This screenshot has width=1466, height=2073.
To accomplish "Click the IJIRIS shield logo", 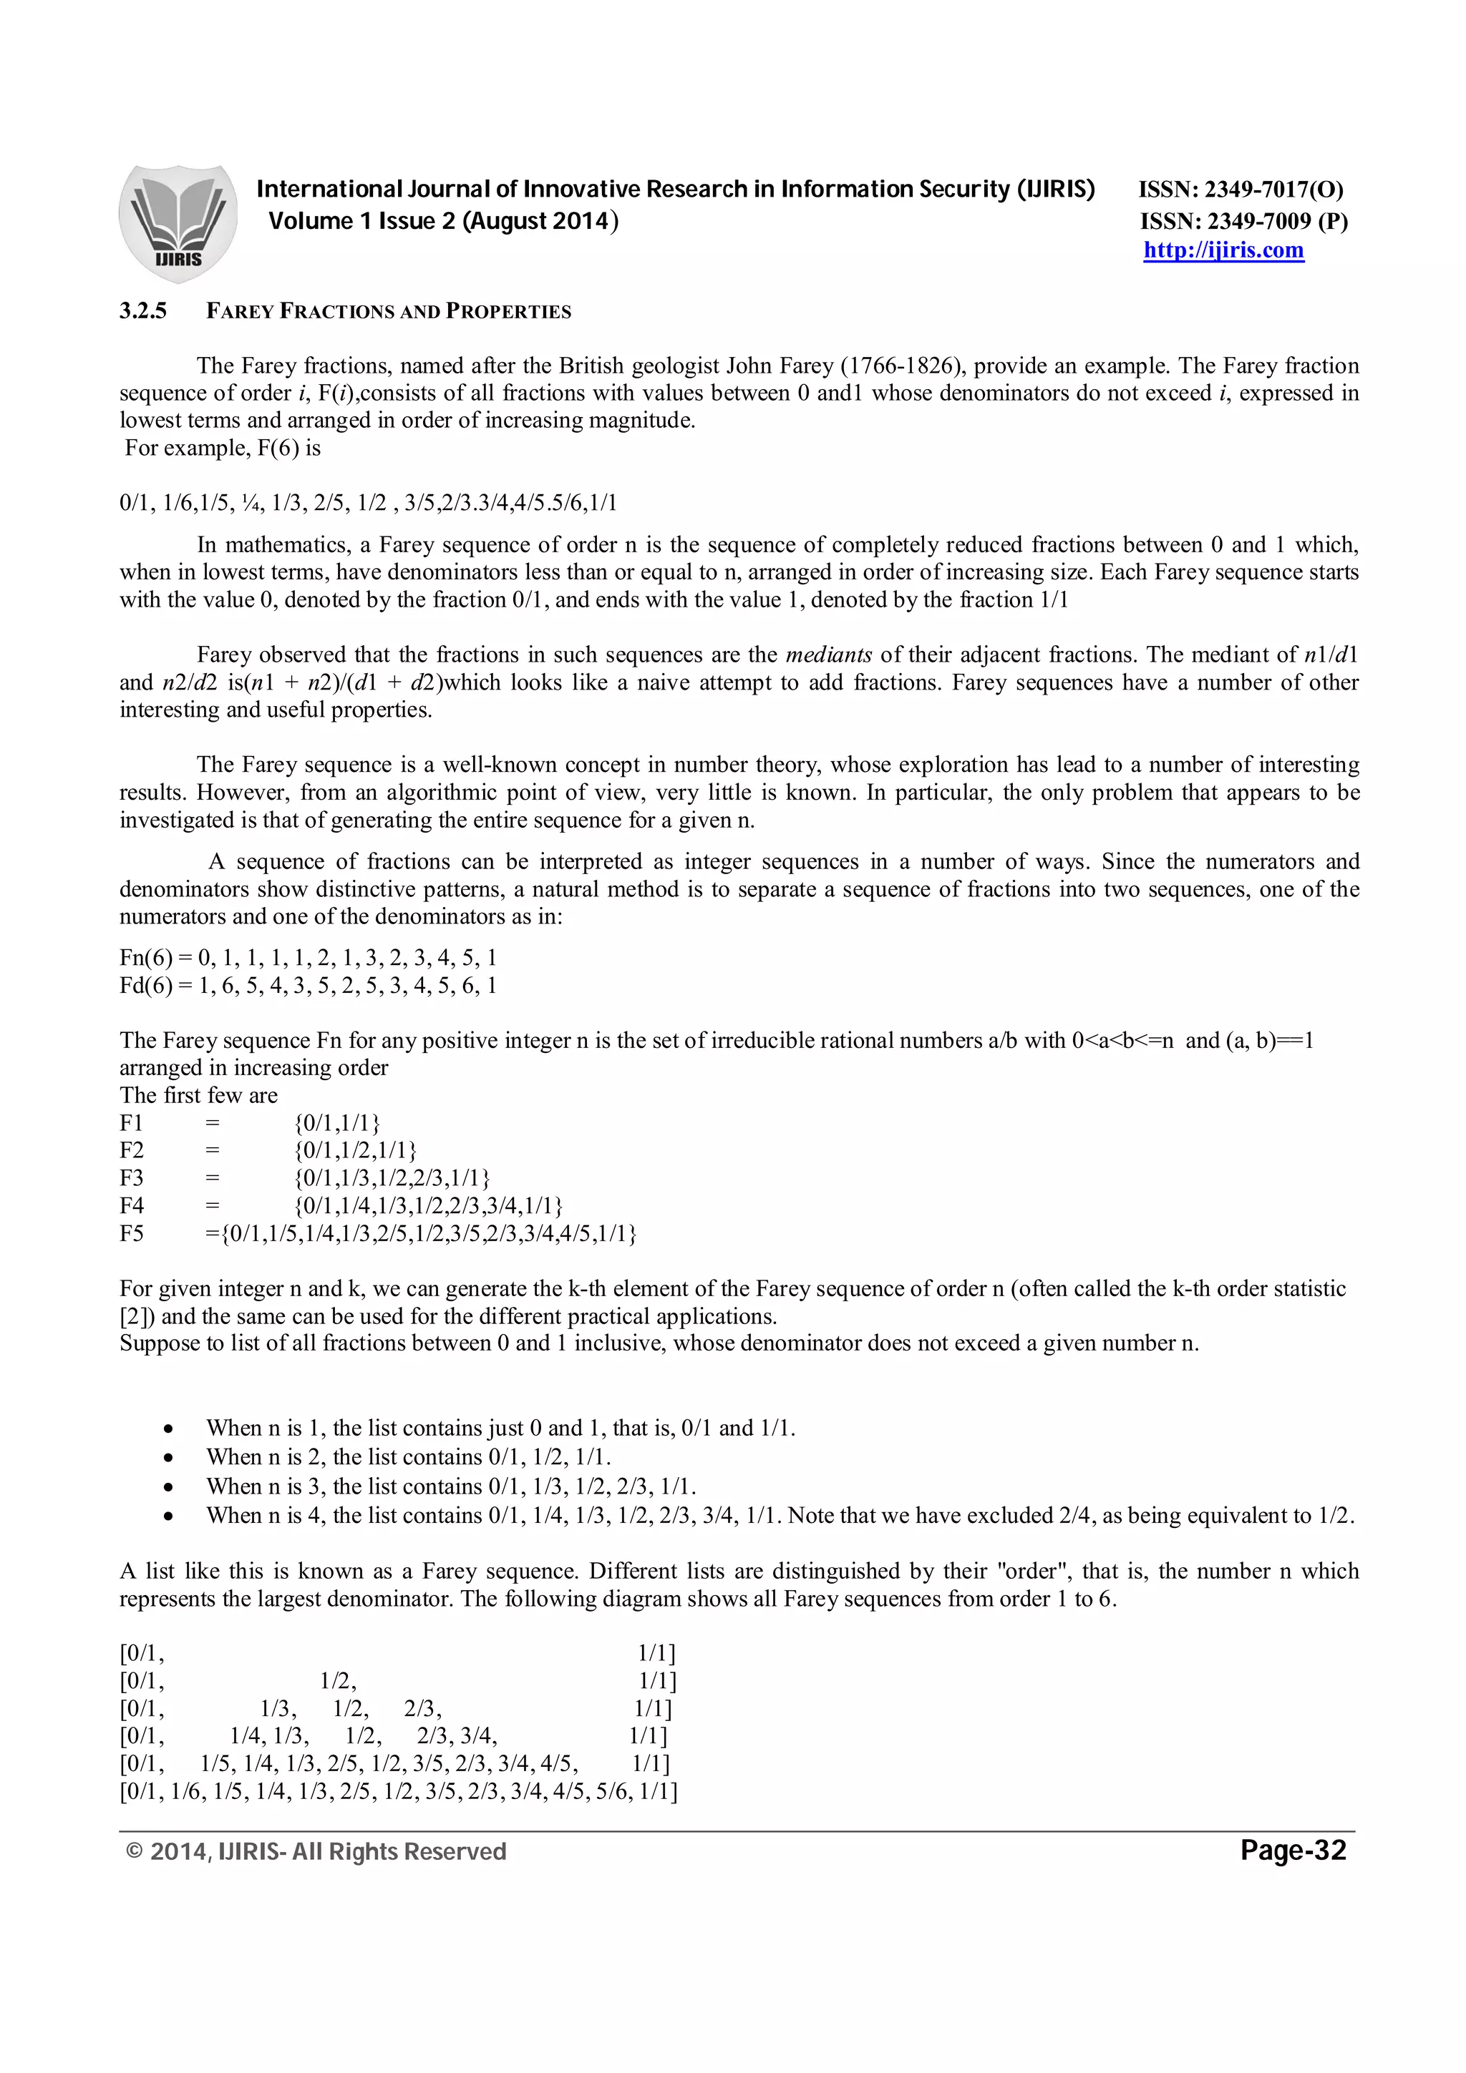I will (178, 222).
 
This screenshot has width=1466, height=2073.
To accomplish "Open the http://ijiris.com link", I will (1223, 250).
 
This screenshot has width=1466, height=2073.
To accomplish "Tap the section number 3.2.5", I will (142, 311).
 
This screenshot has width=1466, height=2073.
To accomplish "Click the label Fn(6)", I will (145, 957).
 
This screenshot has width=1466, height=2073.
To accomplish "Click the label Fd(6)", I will (145, 985).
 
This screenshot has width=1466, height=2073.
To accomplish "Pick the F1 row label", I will (131, 1123).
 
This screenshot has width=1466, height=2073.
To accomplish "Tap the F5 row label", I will (131, 1233).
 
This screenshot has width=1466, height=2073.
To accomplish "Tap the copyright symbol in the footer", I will (135, 1853).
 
